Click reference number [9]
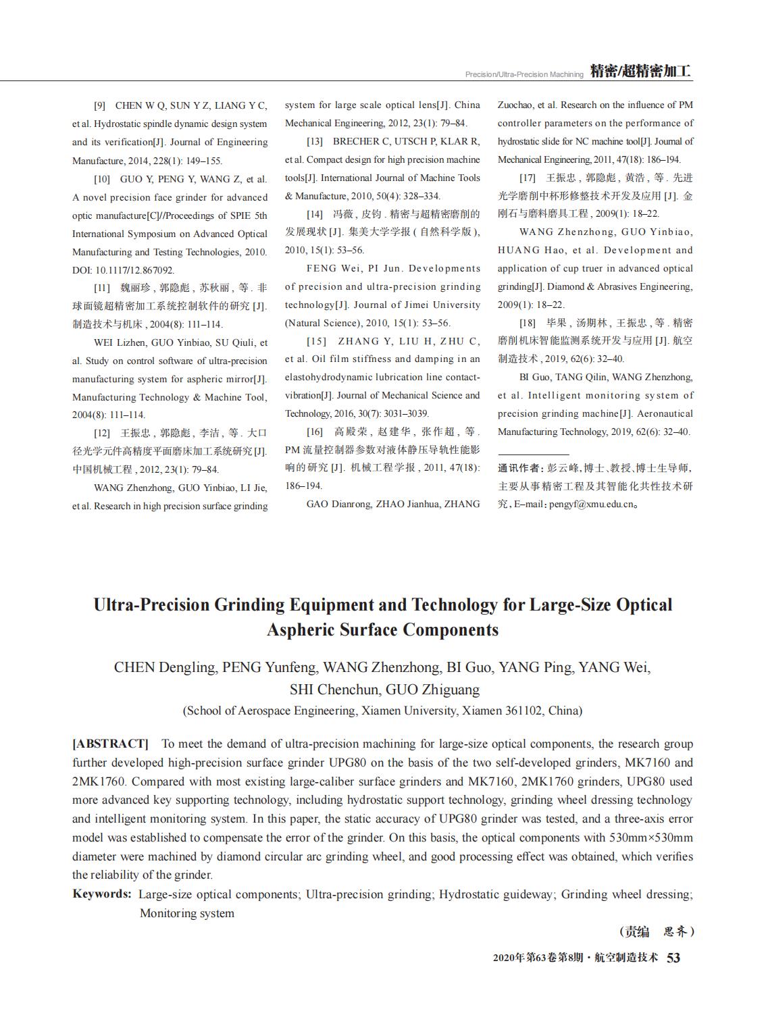[x=99, y=105]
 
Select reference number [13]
[x=315, y=141]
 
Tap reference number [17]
[x=528, y=178]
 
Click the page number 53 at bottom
[x=673, y=958]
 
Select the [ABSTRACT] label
[x=110, y=744]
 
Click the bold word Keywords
[x=101, y=894]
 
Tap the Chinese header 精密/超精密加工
[x=640, y=72]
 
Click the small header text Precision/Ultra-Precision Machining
[x=524, y=74]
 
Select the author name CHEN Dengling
[x=165, y=668]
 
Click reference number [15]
[x=316, y=341]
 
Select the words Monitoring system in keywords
[x=187, y=913]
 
